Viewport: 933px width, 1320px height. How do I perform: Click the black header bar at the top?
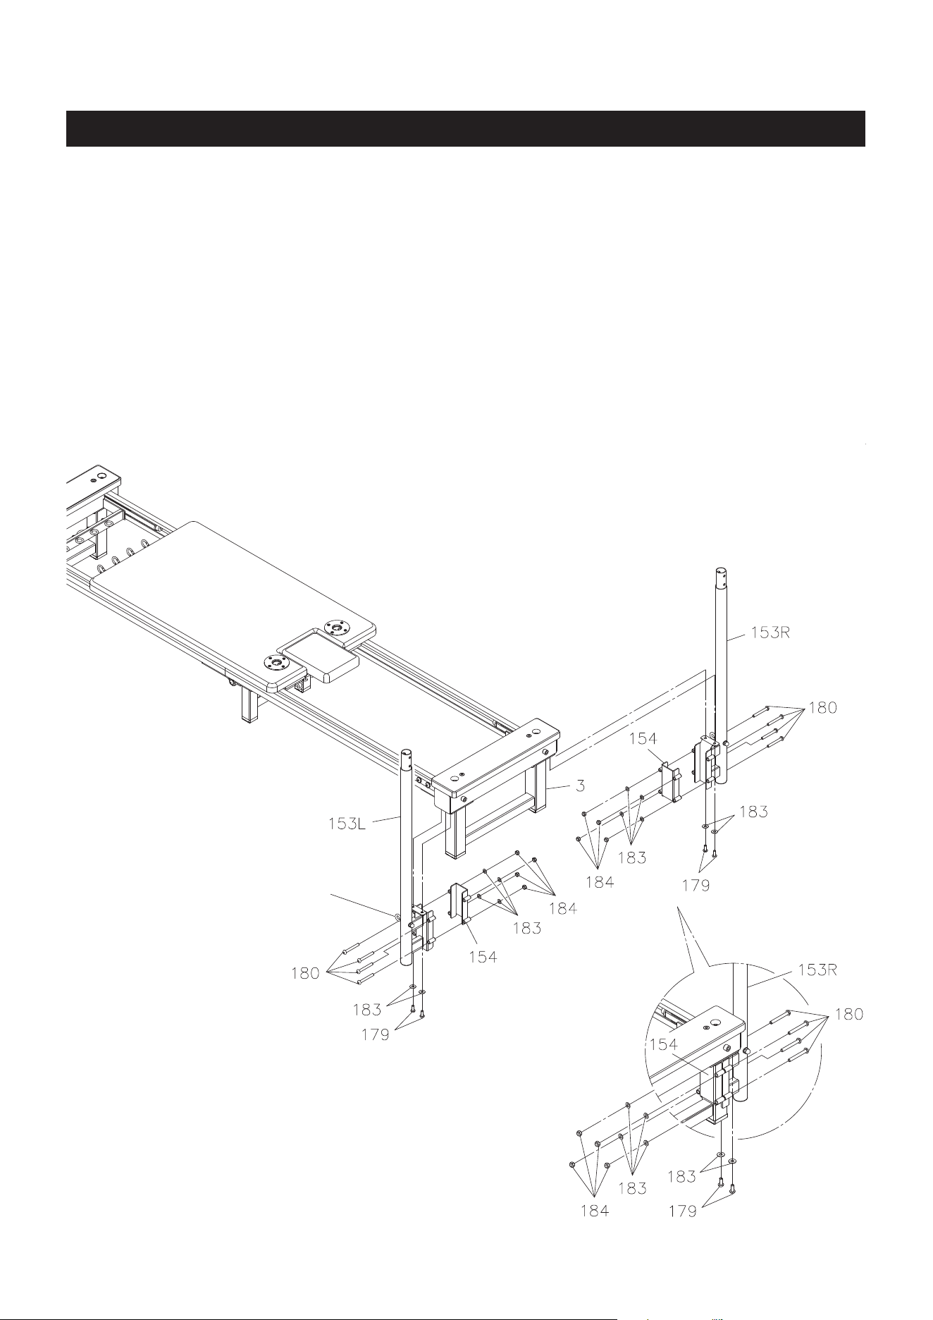pos(465,128)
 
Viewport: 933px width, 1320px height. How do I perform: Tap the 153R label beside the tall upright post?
pos(770,632)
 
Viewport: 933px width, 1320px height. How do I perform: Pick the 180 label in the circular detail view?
pos(848,1015)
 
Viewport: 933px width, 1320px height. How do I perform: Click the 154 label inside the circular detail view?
pos(663,1045)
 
